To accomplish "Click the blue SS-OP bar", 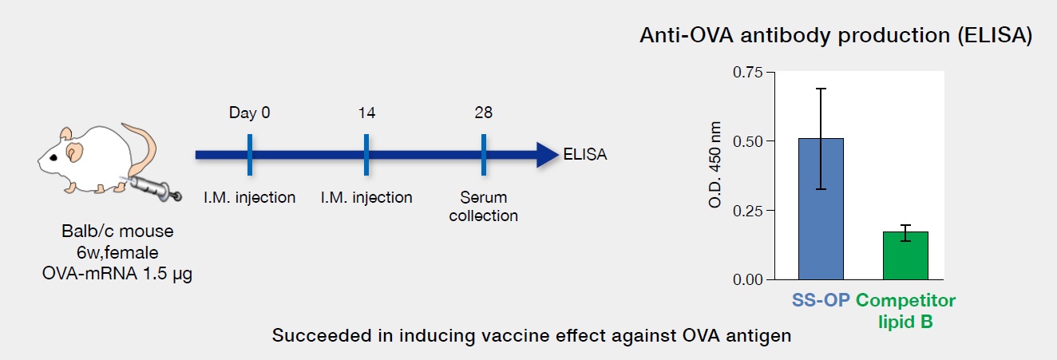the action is pyautogui.click(x=821, y=209).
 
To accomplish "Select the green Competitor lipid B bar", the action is pyautogui.click(x=905, y=255).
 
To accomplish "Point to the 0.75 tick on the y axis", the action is pyautogui.click(x=771, y=72).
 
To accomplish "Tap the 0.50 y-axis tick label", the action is pyautogui.click(x=747, y=141).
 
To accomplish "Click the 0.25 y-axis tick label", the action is pyautogui.click(x=747, y=211).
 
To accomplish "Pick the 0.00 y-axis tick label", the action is pyautogui.click(x=747, y=280).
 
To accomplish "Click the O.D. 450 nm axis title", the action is pyautogui.click(x=715, y=164).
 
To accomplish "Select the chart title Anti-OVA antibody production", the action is pyautogui.click(x=794, y=35).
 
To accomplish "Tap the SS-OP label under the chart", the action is pyautogui.click(x=821, y=300).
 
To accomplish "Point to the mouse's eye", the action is pyautogui.click(x=53, y=158).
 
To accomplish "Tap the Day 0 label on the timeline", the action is pyautogui.click(x=249, y=113).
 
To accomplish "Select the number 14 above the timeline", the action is pyautogui.click(x=366, y=113).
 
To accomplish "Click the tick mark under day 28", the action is pyautogui.click(x=484, y=155).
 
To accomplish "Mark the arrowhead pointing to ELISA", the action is pyautogui.click(x=548, y=155).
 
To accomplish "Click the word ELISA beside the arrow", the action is pyautogui.click(x=585, y=154).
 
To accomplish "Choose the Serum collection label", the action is pyautogui.click(x=483, y=206).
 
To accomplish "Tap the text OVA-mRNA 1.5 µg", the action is pyautogui.click(x=117, y=274).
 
